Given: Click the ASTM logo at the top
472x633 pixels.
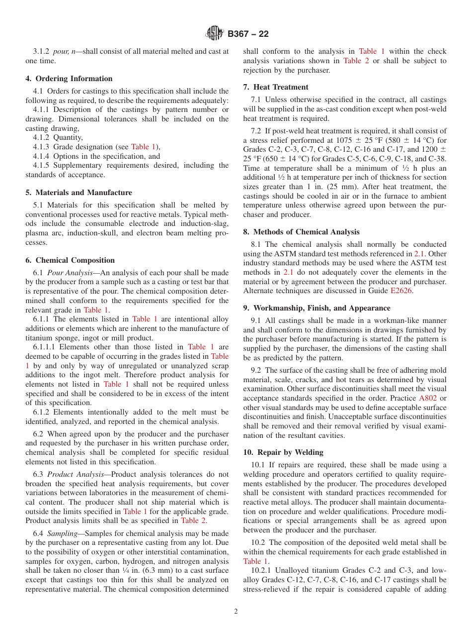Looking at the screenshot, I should point(215,34).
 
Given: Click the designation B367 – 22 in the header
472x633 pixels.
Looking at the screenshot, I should point(248,34).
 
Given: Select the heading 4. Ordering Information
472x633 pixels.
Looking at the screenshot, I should point(69,79).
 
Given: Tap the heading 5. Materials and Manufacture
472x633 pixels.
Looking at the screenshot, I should point(79,193).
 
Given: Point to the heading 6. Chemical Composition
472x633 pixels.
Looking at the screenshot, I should point(70,260).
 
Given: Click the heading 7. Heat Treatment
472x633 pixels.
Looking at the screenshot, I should point(276,87).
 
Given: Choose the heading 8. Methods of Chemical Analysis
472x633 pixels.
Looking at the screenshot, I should point(301,232).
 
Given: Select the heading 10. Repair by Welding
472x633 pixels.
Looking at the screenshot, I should point(283,452).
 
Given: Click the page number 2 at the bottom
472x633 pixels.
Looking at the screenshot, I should point(236,612).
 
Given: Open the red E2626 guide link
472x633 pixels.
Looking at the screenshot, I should point(401,291).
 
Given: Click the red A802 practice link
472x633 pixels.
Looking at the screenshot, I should point(428,398).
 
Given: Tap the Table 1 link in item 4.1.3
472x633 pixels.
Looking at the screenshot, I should point(143,147).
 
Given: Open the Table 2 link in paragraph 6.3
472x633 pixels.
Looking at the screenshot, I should point(193,521).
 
